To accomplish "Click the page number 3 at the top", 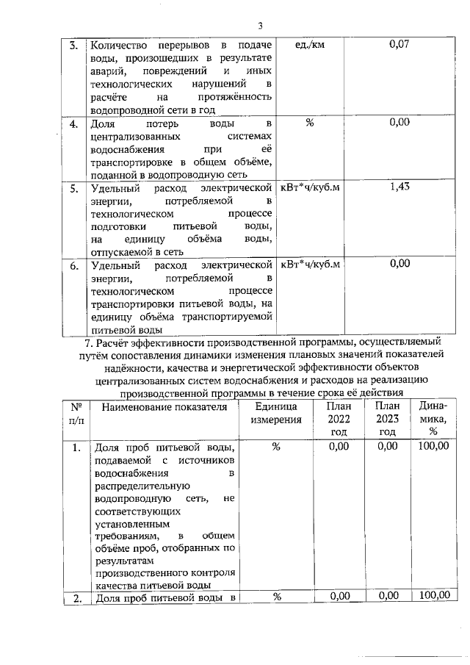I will [260, 27].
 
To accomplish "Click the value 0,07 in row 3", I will [399, 45].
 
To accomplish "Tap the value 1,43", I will [399, 187].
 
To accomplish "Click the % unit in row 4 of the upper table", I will [309, 123].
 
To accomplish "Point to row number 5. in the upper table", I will [74, 188].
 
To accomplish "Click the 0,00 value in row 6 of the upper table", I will [399, 265].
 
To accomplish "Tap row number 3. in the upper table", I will [74, 46].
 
